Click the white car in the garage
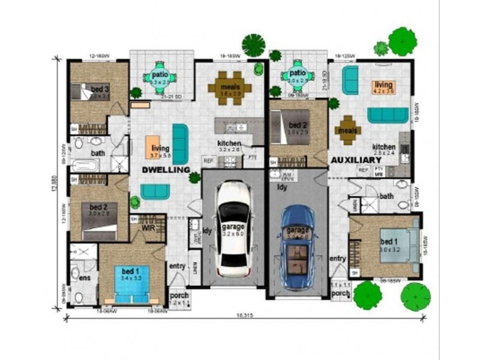tap(233, 228)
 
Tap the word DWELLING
tap(166, 170)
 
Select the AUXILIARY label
tap(356, 161)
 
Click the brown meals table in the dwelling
tap(230, 88)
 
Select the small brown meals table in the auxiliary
tap(348, 130)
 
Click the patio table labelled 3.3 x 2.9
tap(159, 77)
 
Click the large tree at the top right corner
tap(402, 41)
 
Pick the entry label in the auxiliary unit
tap(338, 259)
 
